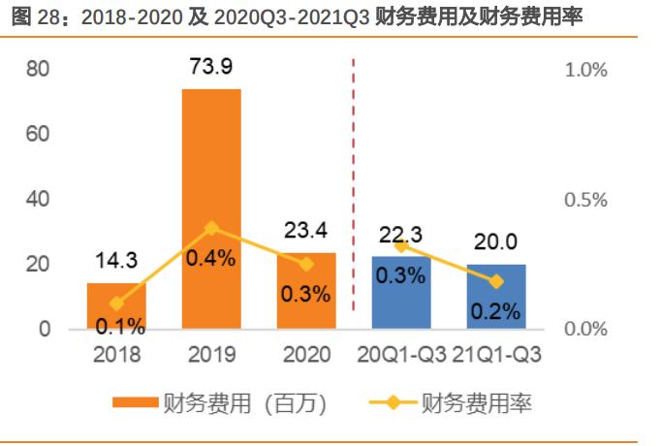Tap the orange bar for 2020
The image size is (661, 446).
pos(306,290)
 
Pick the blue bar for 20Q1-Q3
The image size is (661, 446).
pos(401,292)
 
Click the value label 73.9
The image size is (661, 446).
pos(211,69)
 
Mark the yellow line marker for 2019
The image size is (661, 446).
pos(211,229)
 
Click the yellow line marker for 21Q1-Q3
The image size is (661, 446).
pos(496,281)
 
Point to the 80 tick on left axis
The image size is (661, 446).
pos(39,70)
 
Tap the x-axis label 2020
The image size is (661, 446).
pos(306,354)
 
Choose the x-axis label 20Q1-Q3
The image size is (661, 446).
pos(401,354)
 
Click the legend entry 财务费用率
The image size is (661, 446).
pos(476,402)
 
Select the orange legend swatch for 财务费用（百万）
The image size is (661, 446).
pos(136,402)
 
